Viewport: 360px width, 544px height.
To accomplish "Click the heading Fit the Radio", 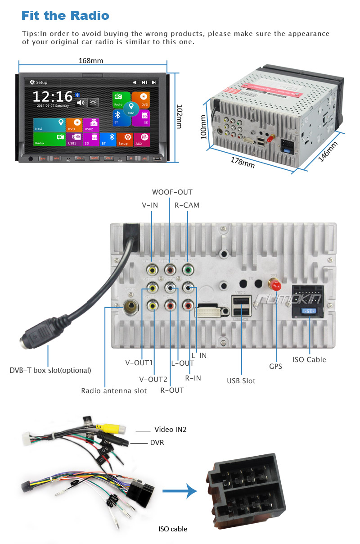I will [x=65, y=16].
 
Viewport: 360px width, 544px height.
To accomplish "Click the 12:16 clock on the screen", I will [x=53, y=96].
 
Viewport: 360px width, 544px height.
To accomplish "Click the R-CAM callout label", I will [x=187, y=205].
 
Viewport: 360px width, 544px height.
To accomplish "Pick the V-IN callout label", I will [x=150, y=205].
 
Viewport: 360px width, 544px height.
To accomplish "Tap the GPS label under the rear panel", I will [x=275, y=366].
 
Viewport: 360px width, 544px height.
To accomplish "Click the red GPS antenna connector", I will [x=274, y=285].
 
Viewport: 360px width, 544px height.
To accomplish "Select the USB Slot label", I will [x=241, y=381].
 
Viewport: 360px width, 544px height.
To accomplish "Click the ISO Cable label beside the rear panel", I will [x=309, y=359].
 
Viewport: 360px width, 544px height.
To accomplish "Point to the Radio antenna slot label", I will [x=114, y=390].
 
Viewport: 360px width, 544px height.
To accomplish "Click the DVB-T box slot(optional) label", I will [x=50, y=370].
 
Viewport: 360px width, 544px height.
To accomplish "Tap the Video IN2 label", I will [x=170, y=429].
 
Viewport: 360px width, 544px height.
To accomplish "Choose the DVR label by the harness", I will [x=157, y=442].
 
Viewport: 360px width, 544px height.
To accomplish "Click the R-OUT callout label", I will [x=172, y=390].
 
